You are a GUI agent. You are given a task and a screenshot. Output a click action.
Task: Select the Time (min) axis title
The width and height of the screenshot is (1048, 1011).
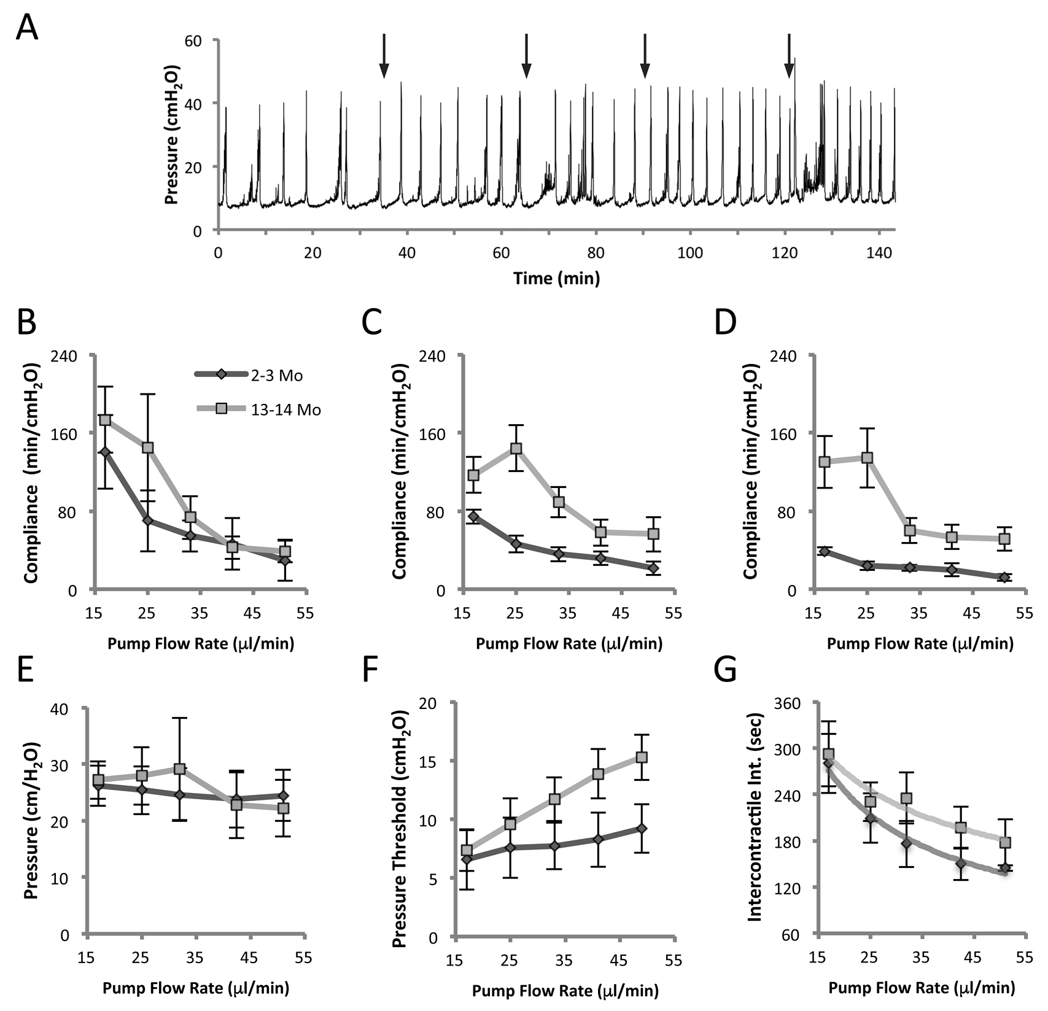pos(556,278)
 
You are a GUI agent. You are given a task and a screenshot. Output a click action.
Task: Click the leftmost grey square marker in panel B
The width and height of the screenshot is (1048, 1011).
pos(105,420)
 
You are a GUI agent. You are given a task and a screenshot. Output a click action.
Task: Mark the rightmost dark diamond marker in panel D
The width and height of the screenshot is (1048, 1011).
pos(1004,577)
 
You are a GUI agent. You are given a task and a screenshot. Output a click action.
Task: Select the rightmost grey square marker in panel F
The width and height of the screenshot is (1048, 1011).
pos(642,757)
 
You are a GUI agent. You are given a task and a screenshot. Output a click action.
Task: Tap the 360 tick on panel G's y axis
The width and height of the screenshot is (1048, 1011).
pos(794,703)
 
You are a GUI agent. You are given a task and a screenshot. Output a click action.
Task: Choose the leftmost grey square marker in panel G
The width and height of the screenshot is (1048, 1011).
pos(828,754)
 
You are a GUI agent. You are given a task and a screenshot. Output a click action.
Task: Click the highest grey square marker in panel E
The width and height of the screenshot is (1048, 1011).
pos(179,769)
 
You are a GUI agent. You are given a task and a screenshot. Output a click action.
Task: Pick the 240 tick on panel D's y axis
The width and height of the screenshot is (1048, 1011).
pos(794,355)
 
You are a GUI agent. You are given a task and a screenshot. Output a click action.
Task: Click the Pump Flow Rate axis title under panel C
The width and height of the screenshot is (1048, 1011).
pos(569,644)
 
